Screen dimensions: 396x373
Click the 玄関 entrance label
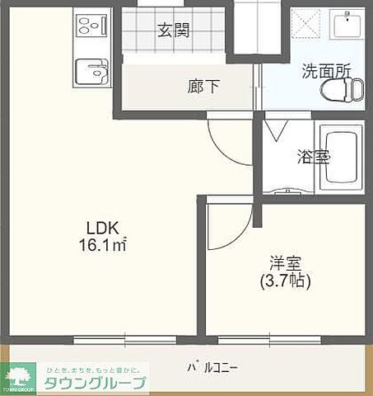174,31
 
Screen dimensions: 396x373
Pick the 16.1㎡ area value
103,244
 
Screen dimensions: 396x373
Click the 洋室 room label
284,264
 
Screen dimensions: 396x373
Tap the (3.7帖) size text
284,281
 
